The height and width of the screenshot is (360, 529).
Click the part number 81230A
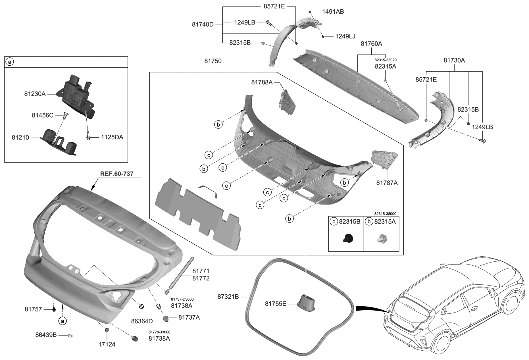[x=35, y=93]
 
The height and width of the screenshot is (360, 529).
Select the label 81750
[x=213, y=61]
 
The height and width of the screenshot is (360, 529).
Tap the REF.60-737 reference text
[x=116, y=174]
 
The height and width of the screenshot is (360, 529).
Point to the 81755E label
[x=276, y=304]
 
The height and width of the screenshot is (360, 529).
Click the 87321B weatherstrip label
[x=228, y=297]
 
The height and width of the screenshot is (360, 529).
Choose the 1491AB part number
[x=333, y=12]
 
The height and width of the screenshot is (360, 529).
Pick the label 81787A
[x=387, y=183]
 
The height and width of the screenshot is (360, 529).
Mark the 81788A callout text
[x=262, y=82]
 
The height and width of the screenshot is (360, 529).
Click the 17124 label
[x=107, y=344]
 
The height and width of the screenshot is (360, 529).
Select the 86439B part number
[x=46, y=335]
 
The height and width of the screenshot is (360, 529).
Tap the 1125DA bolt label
[x=112, y=138]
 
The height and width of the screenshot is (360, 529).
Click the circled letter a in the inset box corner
[x=10, y=62]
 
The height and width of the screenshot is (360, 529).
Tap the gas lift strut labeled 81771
[x=179, y=274]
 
